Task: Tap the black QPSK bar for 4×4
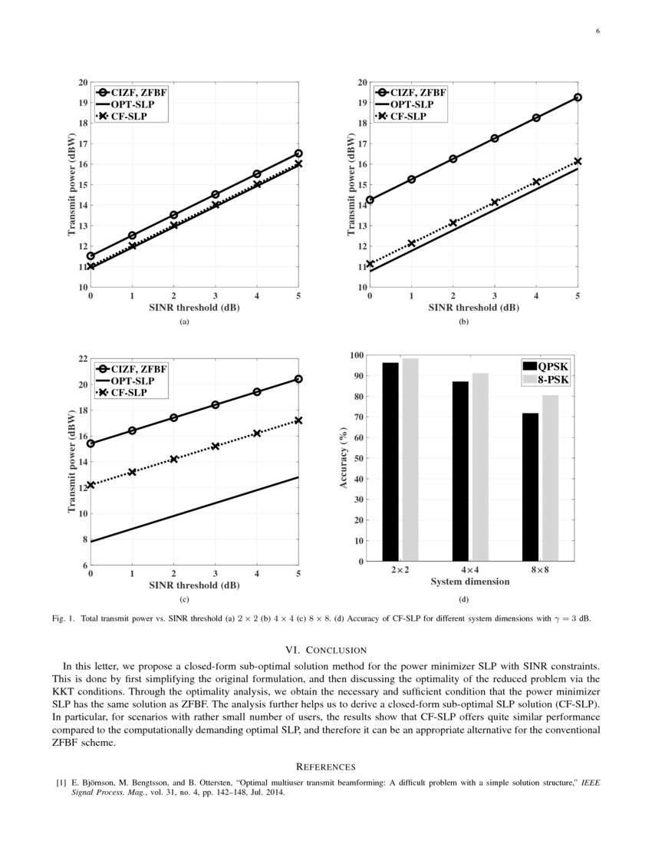pyautogui.click(x=460, y=471)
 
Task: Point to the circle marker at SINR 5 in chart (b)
pyautogui.click(x=578, y=97)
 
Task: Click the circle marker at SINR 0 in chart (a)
pyautogui.click(x=91, y=256)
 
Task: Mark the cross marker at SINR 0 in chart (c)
pyautogui.click(x=91, y=485)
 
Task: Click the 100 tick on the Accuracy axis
pyautogui.click(x=355, y=355)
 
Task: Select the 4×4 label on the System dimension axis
pyautogui.click(x=469, y=571)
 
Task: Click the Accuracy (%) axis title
pyautogui.click(x=344, y=458)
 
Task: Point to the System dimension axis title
pyautogui.click(x=469, y=582)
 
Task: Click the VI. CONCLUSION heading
pyautogui.click(x=325, y=650)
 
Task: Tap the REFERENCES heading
pyautogui.click(x=325, y=766)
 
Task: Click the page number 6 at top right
pyautogui.click(x=596, y=31)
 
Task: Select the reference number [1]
pyautogui.click(x=60, y=783)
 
